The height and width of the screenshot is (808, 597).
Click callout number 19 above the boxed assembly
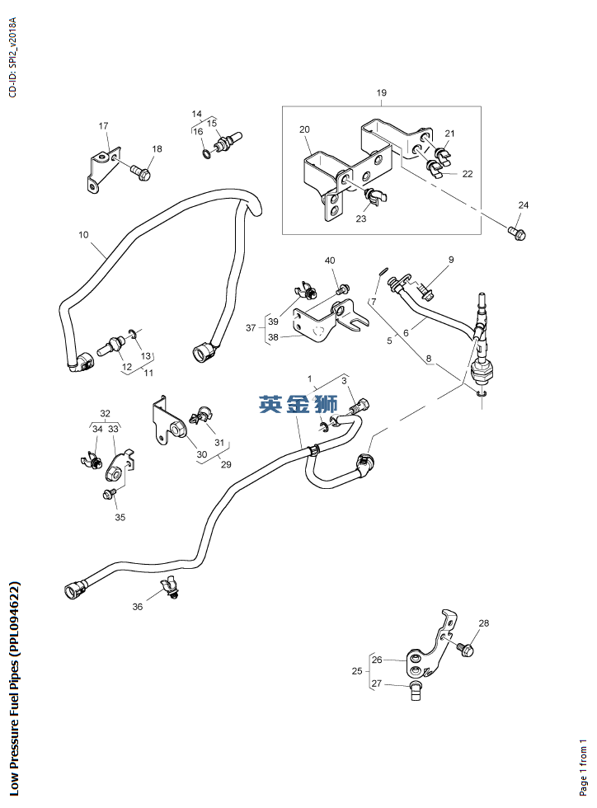382,92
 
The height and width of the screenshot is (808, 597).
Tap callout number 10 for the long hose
83,235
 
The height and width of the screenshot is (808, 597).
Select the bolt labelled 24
517,233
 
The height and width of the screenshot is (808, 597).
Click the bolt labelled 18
140,172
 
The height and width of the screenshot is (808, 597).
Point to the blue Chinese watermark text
298,404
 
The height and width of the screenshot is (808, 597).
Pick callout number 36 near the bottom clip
138,607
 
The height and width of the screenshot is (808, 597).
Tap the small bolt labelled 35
110,494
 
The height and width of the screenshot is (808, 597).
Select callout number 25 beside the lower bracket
357,671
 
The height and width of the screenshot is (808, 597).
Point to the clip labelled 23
376,196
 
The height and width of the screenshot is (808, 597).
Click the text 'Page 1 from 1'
583,768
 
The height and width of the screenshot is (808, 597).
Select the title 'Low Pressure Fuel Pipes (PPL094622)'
14,689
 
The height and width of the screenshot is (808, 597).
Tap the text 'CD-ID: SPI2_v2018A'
13,57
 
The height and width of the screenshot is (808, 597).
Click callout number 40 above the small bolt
330,261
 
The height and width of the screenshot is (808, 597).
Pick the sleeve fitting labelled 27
416,690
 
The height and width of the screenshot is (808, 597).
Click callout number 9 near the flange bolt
451,260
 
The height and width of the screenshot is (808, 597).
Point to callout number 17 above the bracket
104,125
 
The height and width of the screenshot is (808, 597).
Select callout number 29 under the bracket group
226,465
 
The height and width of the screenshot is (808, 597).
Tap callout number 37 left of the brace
251,328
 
